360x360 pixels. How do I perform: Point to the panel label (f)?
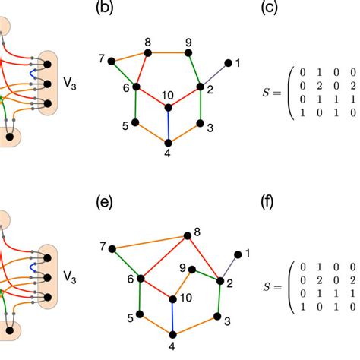[x=267, y=204]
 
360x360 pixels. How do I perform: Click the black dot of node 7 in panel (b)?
[x=112, y=60]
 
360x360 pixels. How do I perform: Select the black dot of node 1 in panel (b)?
[x=229, y=63]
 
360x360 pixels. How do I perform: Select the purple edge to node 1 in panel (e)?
[x=229, y=267]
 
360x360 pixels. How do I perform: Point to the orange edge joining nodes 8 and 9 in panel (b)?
[x=168, y=52]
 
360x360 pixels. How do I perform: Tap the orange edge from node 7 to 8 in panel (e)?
[x=150, y=242]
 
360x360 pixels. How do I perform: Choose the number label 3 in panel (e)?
[x=227, y=322]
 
